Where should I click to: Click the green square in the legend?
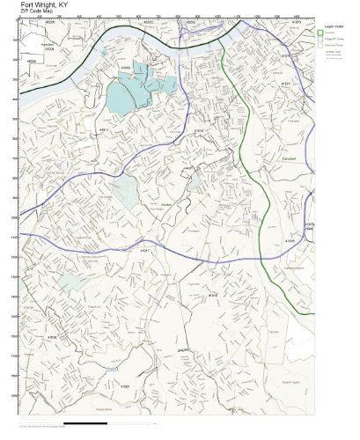(x=321, y=33)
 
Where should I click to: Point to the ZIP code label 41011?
(x=104, y=129)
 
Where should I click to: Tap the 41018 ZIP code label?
(x=52, y=337)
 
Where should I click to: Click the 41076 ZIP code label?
(x=290, y=239)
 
